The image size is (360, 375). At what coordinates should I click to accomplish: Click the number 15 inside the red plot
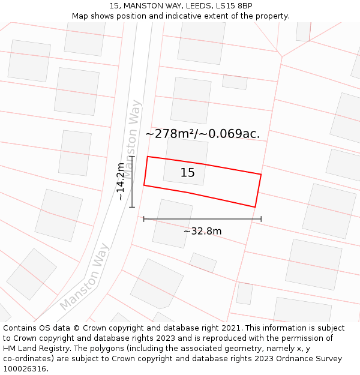187,173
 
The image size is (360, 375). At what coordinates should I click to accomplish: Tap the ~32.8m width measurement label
202,231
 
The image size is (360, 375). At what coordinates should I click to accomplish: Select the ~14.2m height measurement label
121,181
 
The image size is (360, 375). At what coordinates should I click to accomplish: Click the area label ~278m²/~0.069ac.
202,134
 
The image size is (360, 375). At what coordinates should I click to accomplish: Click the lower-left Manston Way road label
85,276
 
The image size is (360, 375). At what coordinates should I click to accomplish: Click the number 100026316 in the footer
25,369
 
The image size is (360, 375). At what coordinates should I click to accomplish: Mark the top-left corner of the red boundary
148,157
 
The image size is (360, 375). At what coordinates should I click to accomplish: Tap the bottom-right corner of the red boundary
256,207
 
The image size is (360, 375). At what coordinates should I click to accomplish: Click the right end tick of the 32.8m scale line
261,219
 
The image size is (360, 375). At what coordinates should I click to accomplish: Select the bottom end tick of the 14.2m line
132,207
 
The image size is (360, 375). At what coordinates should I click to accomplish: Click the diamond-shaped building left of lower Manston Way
31,274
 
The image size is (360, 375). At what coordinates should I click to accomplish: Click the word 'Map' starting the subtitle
80,16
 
